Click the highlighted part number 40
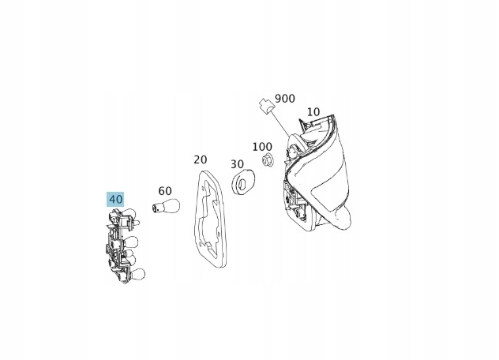coord(115,199)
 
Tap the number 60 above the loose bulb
coord(165,191)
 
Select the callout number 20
coord(201,159)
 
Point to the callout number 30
coord(237,164)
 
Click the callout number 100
coord(262,147)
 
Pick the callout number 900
coord(285,99)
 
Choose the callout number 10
coord(313,112)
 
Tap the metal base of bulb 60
coord(156,208)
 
